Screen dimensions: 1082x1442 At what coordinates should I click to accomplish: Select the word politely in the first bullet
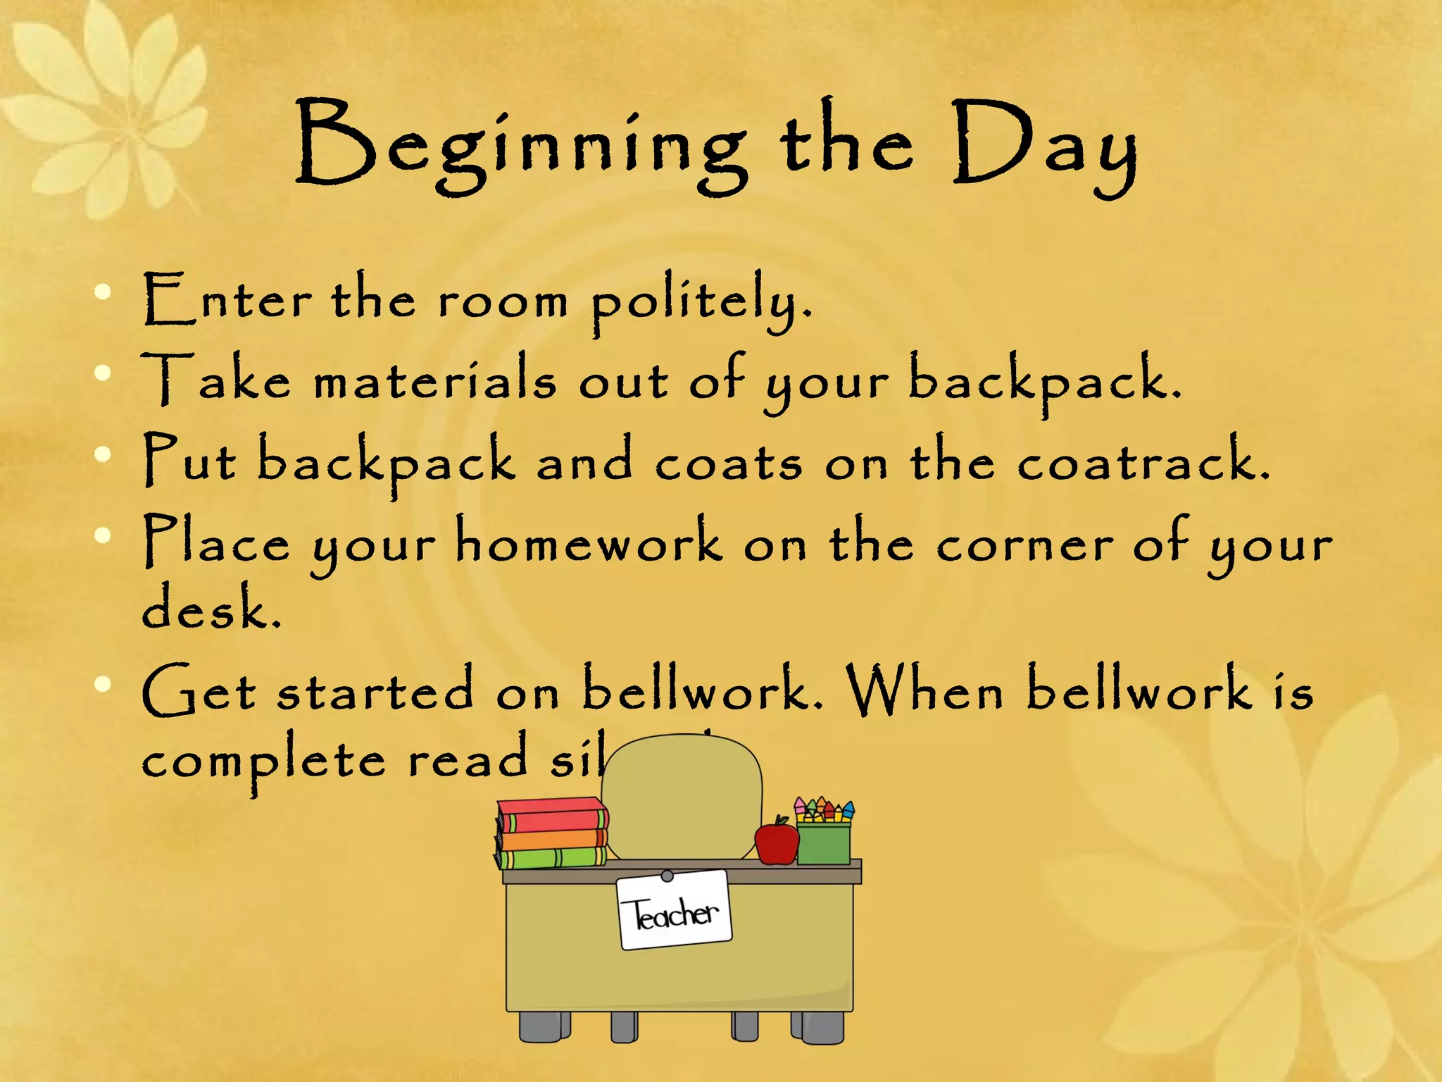(x=701, y=301)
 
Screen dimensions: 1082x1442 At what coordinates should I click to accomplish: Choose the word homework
(x=589, y=542)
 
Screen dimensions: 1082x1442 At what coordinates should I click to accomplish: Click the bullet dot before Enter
(x=104, y=292)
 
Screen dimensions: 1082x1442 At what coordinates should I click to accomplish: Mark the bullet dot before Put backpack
(x=104, y=454)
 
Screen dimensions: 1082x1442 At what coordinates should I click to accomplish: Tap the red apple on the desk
(x=776, y=841)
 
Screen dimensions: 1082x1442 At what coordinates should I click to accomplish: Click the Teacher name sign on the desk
(x=675, y=910)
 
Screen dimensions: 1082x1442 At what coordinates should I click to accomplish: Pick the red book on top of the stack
(x=552, y=816)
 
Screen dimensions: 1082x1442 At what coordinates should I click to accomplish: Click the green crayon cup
(x=823, y=842)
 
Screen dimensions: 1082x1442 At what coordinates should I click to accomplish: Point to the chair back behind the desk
(x=682, y=796)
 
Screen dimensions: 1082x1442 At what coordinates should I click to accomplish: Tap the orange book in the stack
(x=552, y=839)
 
